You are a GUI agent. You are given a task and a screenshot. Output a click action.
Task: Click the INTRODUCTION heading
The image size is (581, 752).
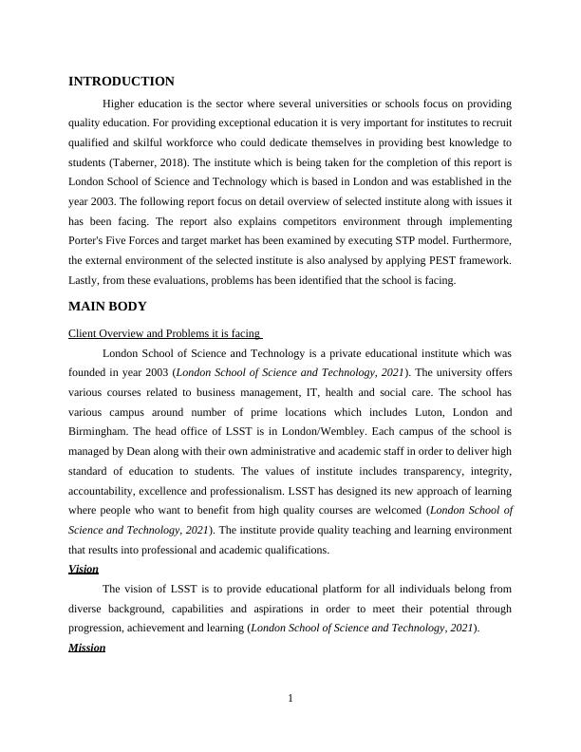122,82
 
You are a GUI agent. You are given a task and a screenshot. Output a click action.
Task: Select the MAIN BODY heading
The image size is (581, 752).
107,307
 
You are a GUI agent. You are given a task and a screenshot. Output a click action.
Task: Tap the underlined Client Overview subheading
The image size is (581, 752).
164,333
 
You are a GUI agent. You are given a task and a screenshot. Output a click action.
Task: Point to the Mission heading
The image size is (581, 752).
87,648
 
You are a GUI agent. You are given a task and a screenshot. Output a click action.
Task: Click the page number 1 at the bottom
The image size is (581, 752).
290,700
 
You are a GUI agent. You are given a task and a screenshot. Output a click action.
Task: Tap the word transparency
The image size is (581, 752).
408,471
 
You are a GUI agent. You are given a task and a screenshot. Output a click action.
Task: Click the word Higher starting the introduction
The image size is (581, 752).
120,103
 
